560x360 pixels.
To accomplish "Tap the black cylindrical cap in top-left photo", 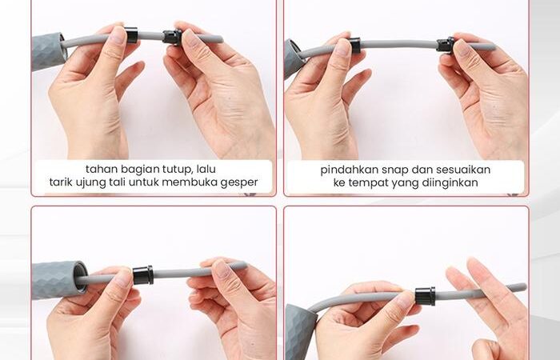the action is tap(131, 34).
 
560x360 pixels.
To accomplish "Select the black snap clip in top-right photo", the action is tap(446, 45).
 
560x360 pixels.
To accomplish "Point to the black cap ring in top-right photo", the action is tap(354, 45).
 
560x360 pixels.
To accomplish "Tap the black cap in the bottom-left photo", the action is tap(143, 275).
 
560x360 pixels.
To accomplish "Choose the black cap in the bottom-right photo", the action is tap(425, 296).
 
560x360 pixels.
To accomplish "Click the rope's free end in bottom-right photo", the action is tap(523, 287).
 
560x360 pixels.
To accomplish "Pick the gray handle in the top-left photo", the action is tap(49, 51).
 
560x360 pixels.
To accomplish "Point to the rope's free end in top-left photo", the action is tap(220, 38).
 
